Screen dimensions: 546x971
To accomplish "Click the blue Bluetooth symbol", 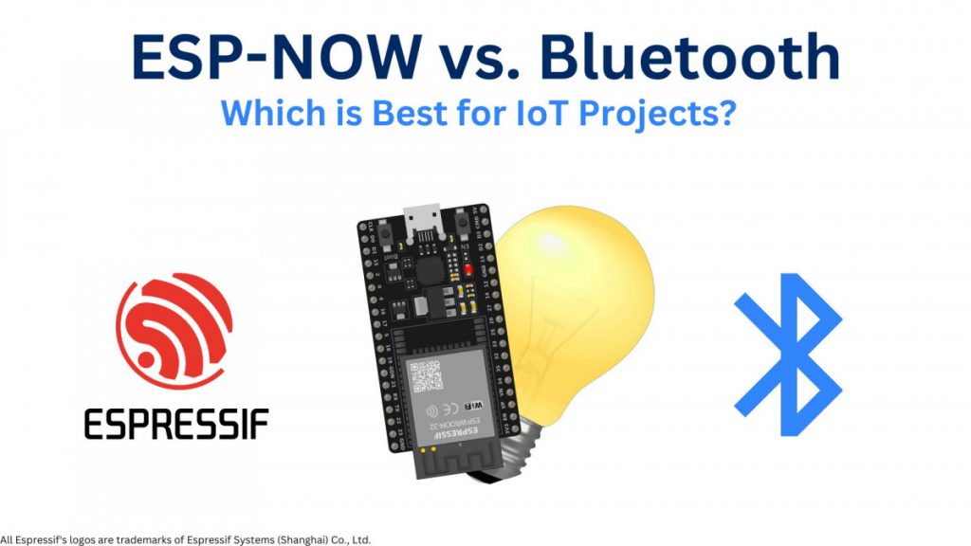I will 788,355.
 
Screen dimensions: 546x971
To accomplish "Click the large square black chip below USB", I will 434,268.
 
